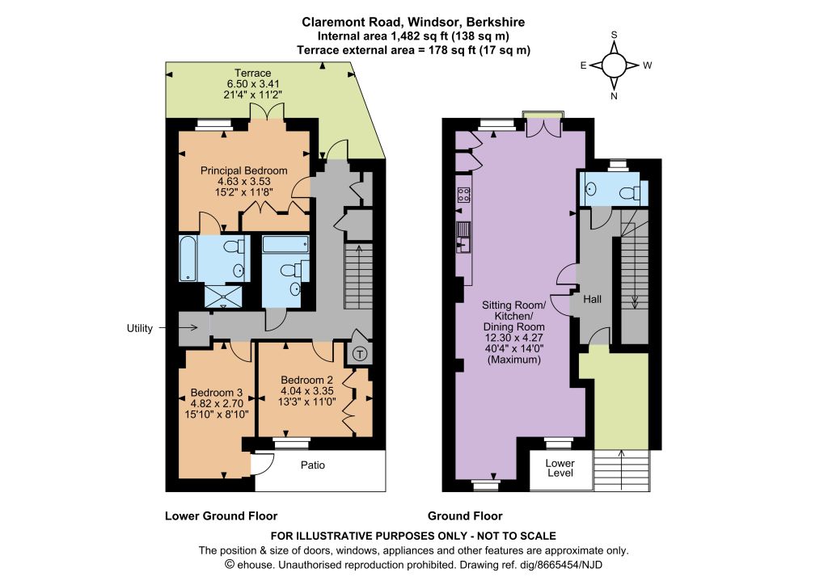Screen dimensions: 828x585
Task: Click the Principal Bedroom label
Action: (244, 170)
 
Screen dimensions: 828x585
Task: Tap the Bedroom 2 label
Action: (306, 380)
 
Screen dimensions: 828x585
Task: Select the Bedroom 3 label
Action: (217, 393)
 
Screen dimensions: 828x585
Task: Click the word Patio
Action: (313, 465)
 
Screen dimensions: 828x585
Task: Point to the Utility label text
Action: (139, 328)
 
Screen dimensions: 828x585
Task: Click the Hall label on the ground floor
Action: (593, 299)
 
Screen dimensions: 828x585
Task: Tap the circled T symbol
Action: (360, 353)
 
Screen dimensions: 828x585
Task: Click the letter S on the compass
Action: (615, 35)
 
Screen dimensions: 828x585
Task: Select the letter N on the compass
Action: (615, 96)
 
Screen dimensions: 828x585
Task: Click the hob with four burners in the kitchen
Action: (464, 195)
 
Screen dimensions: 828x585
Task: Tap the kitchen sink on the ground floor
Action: (463, 238)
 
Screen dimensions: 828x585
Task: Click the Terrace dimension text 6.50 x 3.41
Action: (253, 84)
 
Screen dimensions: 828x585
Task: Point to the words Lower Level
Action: (560, 468)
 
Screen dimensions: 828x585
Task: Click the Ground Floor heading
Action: (465, 516)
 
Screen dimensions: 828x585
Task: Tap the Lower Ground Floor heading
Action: (222, 516)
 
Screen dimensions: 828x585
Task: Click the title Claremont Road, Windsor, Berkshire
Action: (413, 22)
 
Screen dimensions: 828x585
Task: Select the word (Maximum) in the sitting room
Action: (514, 360)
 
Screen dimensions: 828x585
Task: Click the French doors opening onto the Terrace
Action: (267, 112)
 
